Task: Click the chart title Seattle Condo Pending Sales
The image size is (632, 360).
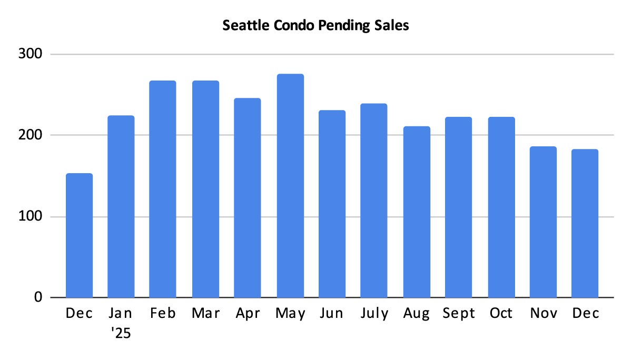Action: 315,26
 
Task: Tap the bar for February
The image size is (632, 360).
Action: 163,189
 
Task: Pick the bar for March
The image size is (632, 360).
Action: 205,189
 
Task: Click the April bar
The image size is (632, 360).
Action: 248,198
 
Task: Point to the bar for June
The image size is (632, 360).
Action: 332,204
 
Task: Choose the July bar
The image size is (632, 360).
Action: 374,201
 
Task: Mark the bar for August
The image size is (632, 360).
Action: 417,212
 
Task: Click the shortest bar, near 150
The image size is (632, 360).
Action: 79,235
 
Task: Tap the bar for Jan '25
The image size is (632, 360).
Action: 121,206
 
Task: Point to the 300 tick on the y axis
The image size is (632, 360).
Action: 32,54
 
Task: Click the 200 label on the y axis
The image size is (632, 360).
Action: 32,135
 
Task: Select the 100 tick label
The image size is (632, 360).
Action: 32,216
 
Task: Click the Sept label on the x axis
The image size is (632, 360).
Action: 458,314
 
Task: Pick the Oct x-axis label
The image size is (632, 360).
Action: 501,314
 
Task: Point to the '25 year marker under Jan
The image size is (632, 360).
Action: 121,334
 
